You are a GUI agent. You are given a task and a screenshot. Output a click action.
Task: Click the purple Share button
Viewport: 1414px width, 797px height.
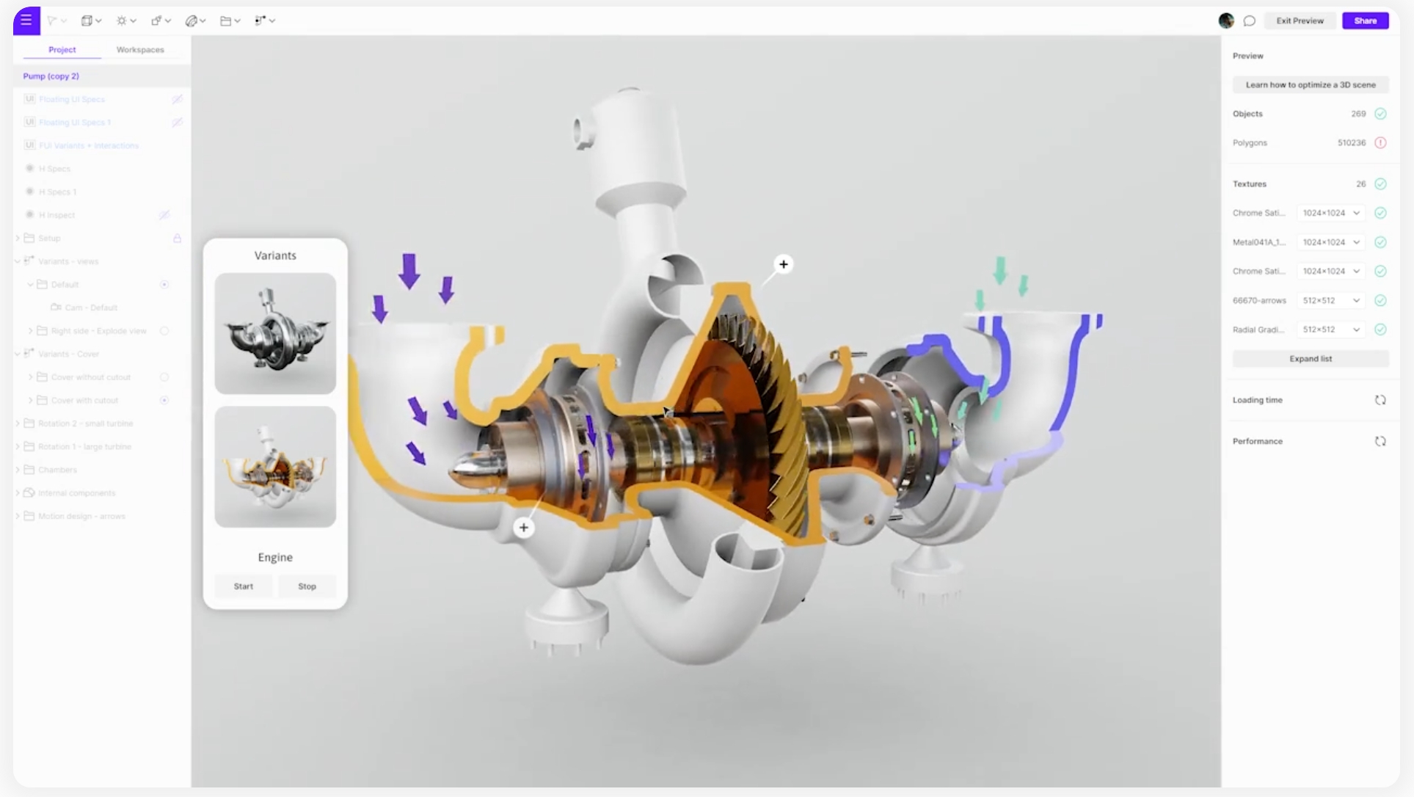pyautogui.click(x=1365, y=21)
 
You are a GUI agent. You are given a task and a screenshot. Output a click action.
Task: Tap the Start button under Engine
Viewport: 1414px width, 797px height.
pyautogui.click(x=244, y=586)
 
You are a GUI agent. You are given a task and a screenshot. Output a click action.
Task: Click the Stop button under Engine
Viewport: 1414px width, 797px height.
pyautogui.click(x=307, y=586)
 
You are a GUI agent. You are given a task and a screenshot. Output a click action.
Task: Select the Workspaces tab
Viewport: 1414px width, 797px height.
pyautogui.click(x=140, y=50)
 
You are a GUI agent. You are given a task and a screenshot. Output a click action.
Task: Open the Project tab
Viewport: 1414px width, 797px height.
pyautogui.click(x=62, y=50)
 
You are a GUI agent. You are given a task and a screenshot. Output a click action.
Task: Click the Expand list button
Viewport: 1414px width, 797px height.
pyautogui.click(x=1311, y=359)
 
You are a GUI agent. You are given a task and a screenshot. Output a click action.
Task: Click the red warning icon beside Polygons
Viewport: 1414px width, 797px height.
pyautogui.click(x=1380, y=143)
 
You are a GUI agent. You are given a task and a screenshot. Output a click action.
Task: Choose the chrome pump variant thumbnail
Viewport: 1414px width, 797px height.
pyautogui.click(x=275, y=334)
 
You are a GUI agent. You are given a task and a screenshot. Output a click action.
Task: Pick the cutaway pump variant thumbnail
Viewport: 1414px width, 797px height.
pyautogui.click(x=275, y=467)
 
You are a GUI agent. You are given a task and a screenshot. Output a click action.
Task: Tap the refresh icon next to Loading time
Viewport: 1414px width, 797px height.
pyautogui.click(x=1380, y=400)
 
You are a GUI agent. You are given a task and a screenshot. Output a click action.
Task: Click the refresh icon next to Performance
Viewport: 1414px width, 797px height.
pyautogui.click(x=1380, y=441)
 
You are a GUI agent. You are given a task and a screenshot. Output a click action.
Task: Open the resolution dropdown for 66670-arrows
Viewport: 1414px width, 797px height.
pyautogui.click(x=1330, y=300)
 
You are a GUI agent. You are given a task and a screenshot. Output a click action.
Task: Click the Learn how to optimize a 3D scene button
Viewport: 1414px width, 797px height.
pyautogui.click(x=1311, y=85)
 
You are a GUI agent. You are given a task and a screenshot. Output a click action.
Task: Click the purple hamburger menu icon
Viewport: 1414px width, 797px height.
pyautogui.click(x=26, y=21)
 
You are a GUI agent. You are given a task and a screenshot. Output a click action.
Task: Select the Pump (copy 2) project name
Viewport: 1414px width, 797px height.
pyautogui.click(x=51, y=76)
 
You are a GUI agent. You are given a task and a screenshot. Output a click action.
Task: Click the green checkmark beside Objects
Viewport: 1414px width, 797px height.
pyautogui.click(x=1380, y=114)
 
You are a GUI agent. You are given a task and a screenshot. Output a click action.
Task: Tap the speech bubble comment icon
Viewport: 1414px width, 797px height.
pyautogui.click(x=1250, y=21)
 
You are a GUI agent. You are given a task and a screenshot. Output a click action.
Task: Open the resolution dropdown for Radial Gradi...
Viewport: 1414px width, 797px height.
pyautogui.click(x=1330, y=330)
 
